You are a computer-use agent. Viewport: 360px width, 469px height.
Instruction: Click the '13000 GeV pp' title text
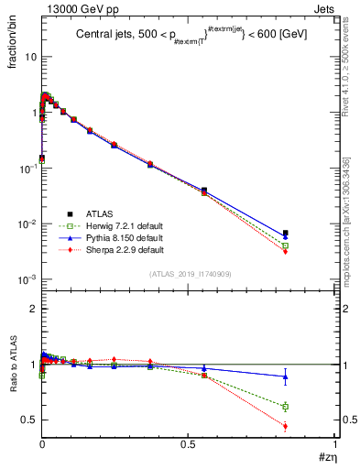[79, 8]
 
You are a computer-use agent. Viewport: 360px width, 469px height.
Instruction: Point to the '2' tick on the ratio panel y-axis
[31, 310]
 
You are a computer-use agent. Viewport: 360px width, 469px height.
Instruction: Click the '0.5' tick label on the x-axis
[188, 445]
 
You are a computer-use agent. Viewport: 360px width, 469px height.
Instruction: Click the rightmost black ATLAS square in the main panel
[286, 233]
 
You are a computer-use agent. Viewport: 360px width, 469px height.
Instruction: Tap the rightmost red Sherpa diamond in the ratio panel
[286, 426]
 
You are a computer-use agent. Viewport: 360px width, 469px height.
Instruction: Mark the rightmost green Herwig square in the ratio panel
[286, 407]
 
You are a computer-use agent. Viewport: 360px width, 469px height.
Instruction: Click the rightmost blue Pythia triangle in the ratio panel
[286, 376]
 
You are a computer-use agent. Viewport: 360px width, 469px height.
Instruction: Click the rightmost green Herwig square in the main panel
[286, 245]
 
